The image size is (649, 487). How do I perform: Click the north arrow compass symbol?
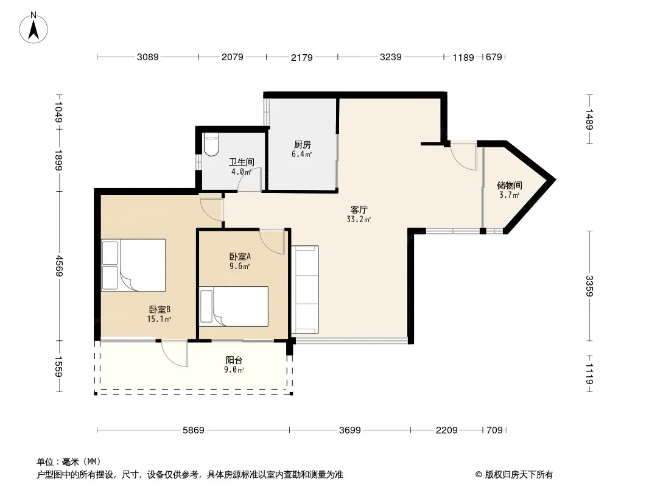tap(33, 28)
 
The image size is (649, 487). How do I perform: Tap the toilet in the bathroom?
tap(211, 144)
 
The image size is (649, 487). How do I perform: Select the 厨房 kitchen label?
tap(303, 144)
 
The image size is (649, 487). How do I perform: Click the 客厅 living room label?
tap(359, 210)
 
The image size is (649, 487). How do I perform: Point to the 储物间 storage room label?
tap(509, 186)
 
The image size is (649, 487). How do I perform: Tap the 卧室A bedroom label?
tap(240, 256)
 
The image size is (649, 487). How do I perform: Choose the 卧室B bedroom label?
tap(160, 309)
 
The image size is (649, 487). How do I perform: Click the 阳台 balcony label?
tap(234, 360)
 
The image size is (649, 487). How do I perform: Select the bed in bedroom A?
tap(234, 306)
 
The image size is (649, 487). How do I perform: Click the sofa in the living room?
tap(305, 290)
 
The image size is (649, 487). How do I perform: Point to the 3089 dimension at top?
tap(148, 57)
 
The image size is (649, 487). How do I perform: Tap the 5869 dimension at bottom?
tap(193, 430)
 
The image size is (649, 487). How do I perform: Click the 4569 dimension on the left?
tap(59, 266)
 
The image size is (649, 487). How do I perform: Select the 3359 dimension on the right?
tap(589, 286)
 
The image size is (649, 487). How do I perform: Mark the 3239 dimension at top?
tap(391, 57)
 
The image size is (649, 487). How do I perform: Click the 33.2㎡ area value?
tap(359, 220)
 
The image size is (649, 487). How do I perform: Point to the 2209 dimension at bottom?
tap(447, 430)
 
